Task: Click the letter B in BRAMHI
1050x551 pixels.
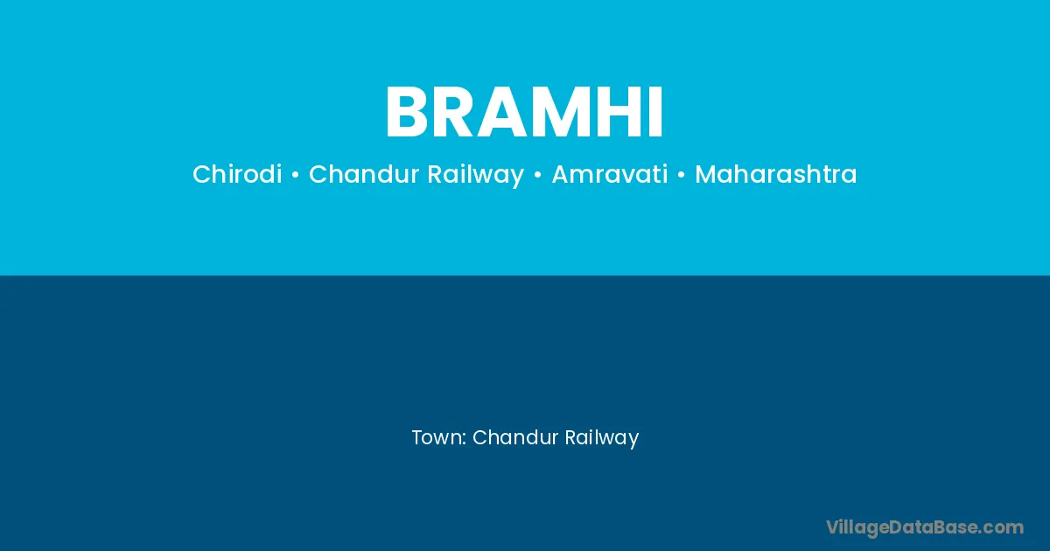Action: point(409,112)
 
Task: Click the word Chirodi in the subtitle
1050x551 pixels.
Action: point(237,174)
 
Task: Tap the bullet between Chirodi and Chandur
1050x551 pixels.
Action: point(296,175)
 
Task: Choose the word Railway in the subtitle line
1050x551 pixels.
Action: point(476,175)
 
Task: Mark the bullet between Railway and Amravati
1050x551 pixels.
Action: point(537,175)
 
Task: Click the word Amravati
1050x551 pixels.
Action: point(610,174)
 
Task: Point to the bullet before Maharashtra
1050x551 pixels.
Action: point(681,175)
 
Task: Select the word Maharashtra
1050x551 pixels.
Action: point(776,174)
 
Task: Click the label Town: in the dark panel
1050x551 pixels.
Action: point(439,437)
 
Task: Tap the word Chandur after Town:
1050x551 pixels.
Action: point(515,437)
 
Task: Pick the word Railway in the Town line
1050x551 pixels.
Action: point(602,438)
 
